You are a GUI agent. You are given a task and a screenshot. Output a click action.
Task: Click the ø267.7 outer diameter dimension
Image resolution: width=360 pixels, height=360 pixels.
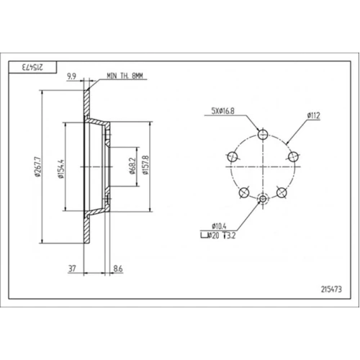coord(37,167)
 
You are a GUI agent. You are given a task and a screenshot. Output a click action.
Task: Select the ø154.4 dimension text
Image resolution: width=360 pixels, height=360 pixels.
coord(61,168)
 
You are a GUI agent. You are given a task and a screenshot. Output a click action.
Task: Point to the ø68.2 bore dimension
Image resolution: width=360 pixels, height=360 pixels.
coord(132,166)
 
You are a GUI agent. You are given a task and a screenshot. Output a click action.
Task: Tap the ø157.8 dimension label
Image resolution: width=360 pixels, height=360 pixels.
coord(145,165)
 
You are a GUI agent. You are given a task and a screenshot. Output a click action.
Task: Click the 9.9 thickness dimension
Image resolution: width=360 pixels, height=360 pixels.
coord(71,76)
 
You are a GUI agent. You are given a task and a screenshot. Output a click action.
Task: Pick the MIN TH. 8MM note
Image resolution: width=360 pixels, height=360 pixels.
coord(125,76)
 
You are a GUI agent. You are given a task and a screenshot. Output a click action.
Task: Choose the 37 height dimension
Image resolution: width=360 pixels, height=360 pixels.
coord(72,269)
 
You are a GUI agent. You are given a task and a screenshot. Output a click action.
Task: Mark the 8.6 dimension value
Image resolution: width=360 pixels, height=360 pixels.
coord(118,269)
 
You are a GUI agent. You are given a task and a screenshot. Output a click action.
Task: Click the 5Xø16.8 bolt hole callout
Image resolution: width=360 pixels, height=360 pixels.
coord(222,111)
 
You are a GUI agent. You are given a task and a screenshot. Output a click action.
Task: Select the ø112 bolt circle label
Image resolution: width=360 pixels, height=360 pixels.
coord(313,116)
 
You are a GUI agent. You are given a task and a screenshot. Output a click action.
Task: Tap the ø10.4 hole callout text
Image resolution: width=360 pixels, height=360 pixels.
coord(219,226)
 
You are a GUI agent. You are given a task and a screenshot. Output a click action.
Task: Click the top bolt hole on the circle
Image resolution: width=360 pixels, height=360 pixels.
coord(263,135)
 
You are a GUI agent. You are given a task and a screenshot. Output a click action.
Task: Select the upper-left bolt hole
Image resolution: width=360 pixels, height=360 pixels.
coord(232,157)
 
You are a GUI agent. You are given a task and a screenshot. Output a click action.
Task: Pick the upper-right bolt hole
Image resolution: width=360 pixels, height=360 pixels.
coord(293,157)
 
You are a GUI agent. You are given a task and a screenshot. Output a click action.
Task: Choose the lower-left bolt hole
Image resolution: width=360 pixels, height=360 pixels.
coord(244,192)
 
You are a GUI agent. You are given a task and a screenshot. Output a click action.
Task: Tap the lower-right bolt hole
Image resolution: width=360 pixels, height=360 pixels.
coord(282,192)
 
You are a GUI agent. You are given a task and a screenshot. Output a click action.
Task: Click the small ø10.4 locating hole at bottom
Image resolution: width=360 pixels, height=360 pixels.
coord(263,199)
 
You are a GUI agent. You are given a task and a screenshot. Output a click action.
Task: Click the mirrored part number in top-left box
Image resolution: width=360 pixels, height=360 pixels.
coord(32,67)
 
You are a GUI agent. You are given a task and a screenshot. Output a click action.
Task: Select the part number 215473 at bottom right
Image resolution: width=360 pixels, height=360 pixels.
coord(331,289)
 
